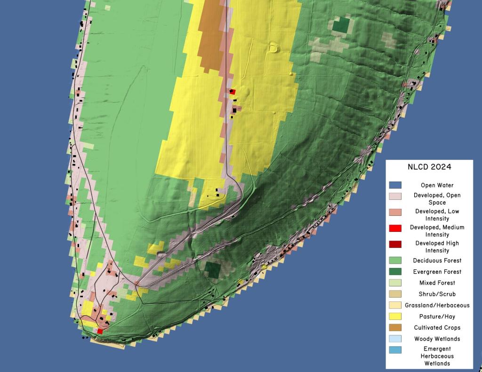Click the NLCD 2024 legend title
(429, 167)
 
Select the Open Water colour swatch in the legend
(395, 185)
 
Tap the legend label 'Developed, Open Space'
(436, 198)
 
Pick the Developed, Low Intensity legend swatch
(395, 213)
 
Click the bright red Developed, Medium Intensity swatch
(395, 229)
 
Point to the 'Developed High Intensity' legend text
(436, 247)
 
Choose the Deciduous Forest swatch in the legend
(395, 261)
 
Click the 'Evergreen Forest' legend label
(436, 272)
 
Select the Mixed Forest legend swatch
(395, 283)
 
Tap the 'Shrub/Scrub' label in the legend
(436, 294)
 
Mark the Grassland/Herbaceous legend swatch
(395, 305)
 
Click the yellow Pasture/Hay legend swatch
(395, 317)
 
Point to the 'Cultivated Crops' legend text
(436, 327)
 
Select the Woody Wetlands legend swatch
(395, 339)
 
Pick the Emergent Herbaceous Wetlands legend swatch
(395, 350)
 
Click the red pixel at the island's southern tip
(100, 331)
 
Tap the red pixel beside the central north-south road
(233, 92)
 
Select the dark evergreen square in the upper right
(341, 25)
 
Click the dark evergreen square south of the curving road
(213, 270)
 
